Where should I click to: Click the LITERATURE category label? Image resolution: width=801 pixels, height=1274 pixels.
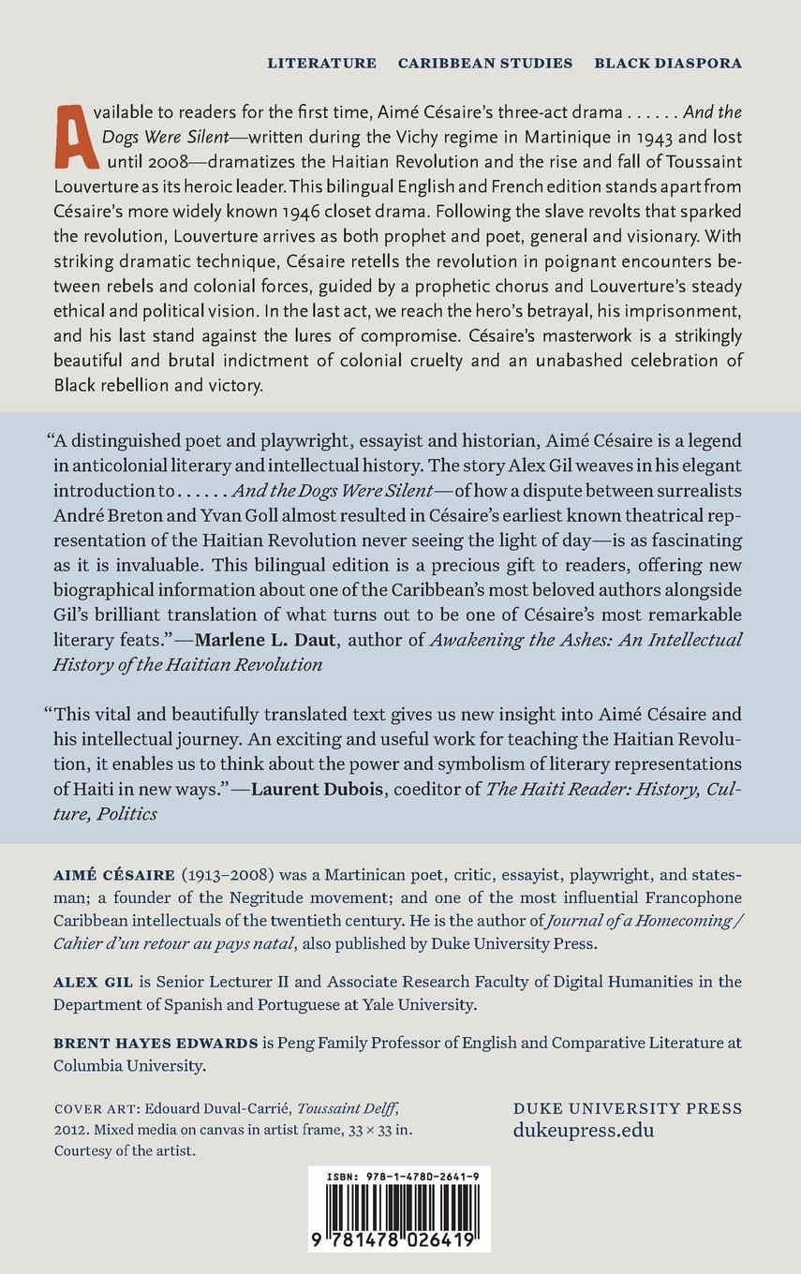(x=321, y=64)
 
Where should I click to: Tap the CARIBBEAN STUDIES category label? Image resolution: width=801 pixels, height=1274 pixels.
(x=485, y=64)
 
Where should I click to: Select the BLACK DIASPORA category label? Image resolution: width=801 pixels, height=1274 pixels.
(x=668, y=64)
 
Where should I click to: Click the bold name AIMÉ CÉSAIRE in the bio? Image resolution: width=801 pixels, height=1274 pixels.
(x=115, y=875)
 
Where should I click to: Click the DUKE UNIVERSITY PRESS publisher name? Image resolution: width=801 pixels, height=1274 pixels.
(x=628, y=1108)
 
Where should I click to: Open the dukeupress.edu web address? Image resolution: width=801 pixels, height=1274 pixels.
(x=584, y=1130)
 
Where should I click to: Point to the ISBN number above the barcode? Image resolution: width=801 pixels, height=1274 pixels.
(x=398, y=1174)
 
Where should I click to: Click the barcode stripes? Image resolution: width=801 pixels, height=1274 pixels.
(x=398, y=1207)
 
